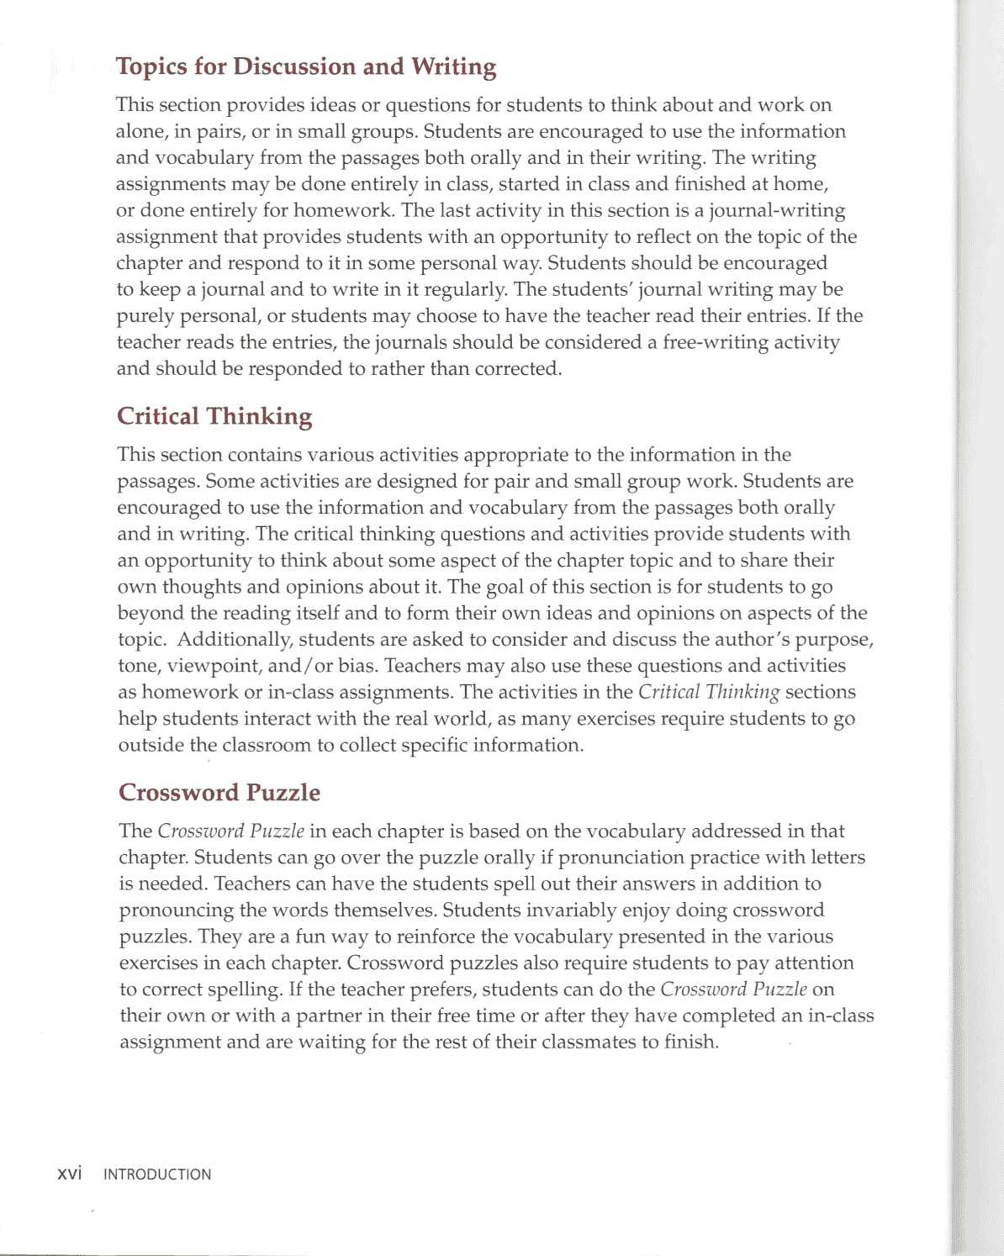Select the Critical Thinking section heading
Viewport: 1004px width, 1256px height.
click(x=214, y=416)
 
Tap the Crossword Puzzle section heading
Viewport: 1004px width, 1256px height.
click(x=219, y=793)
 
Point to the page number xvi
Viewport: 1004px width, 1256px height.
click(x=69, y=1174)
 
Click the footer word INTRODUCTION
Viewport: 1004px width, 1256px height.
click(x=157, y=1174)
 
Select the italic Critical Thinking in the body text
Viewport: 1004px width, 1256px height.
click(x=709, y=692)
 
